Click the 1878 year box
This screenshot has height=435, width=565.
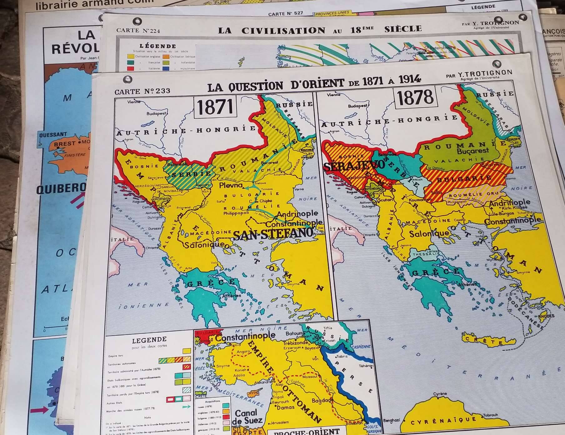[x=415, y=97]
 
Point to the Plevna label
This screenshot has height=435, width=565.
[x=231, y=185]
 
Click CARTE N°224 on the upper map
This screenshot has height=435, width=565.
[x=138, y=31]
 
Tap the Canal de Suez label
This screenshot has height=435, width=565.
[x=246, y=417]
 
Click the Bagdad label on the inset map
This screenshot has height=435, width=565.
[x=321, y=400]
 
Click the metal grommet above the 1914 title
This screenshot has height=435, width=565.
[x=496, y=64]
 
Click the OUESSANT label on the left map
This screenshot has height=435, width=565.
[x=53, y=135]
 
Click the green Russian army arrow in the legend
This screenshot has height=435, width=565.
[x=186, y=407]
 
